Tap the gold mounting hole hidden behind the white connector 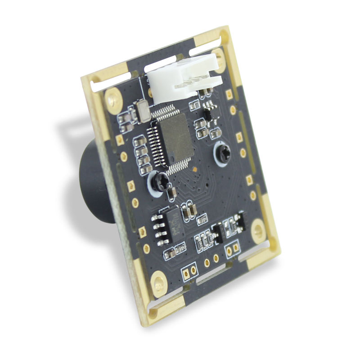(x=219, y=58)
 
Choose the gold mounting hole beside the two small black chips (x=259, y=231)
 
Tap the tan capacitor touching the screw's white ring (x=171, y=193)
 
